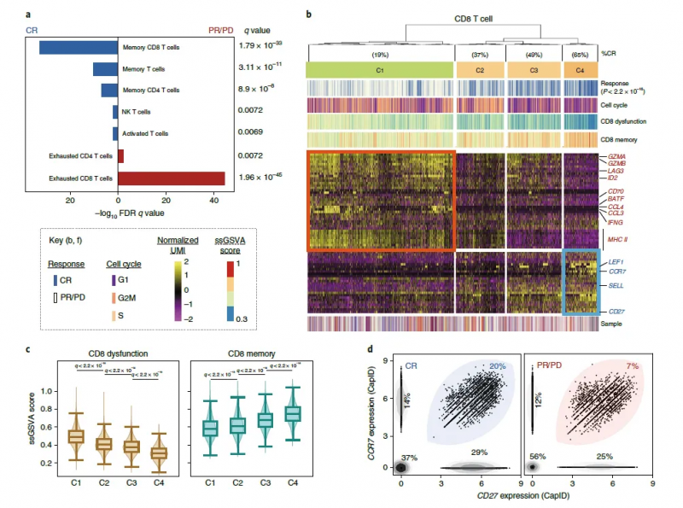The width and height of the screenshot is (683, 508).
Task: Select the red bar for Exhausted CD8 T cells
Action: point(172,178)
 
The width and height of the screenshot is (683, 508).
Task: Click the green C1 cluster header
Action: point(379,69)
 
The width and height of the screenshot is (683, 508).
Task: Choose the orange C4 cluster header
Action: point(581,69)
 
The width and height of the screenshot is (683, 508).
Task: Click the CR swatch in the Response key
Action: point(55,279)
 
